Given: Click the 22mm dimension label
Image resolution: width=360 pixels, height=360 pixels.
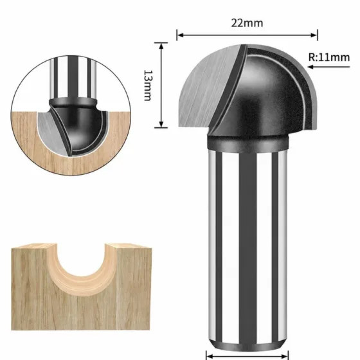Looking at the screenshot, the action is [x=247, y=23].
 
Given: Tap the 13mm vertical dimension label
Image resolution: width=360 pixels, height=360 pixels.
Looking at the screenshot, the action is [x=148, y=85].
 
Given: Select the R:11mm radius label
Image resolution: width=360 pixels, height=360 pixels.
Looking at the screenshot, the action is [x=329, y=57].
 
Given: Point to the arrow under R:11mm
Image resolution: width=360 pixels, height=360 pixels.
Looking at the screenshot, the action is [x=328, y=67].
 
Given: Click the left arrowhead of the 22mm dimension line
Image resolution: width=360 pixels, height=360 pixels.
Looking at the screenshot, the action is [x=181, y=35].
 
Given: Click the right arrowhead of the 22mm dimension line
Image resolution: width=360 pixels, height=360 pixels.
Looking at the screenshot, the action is [x=314, y=35].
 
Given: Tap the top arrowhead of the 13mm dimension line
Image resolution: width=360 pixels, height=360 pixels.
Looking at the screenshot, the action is [x=161, y=46].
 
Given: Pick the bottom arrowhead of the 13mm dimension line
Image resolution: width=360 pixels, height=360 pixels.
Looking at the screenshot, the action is [x=161, y=124].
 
